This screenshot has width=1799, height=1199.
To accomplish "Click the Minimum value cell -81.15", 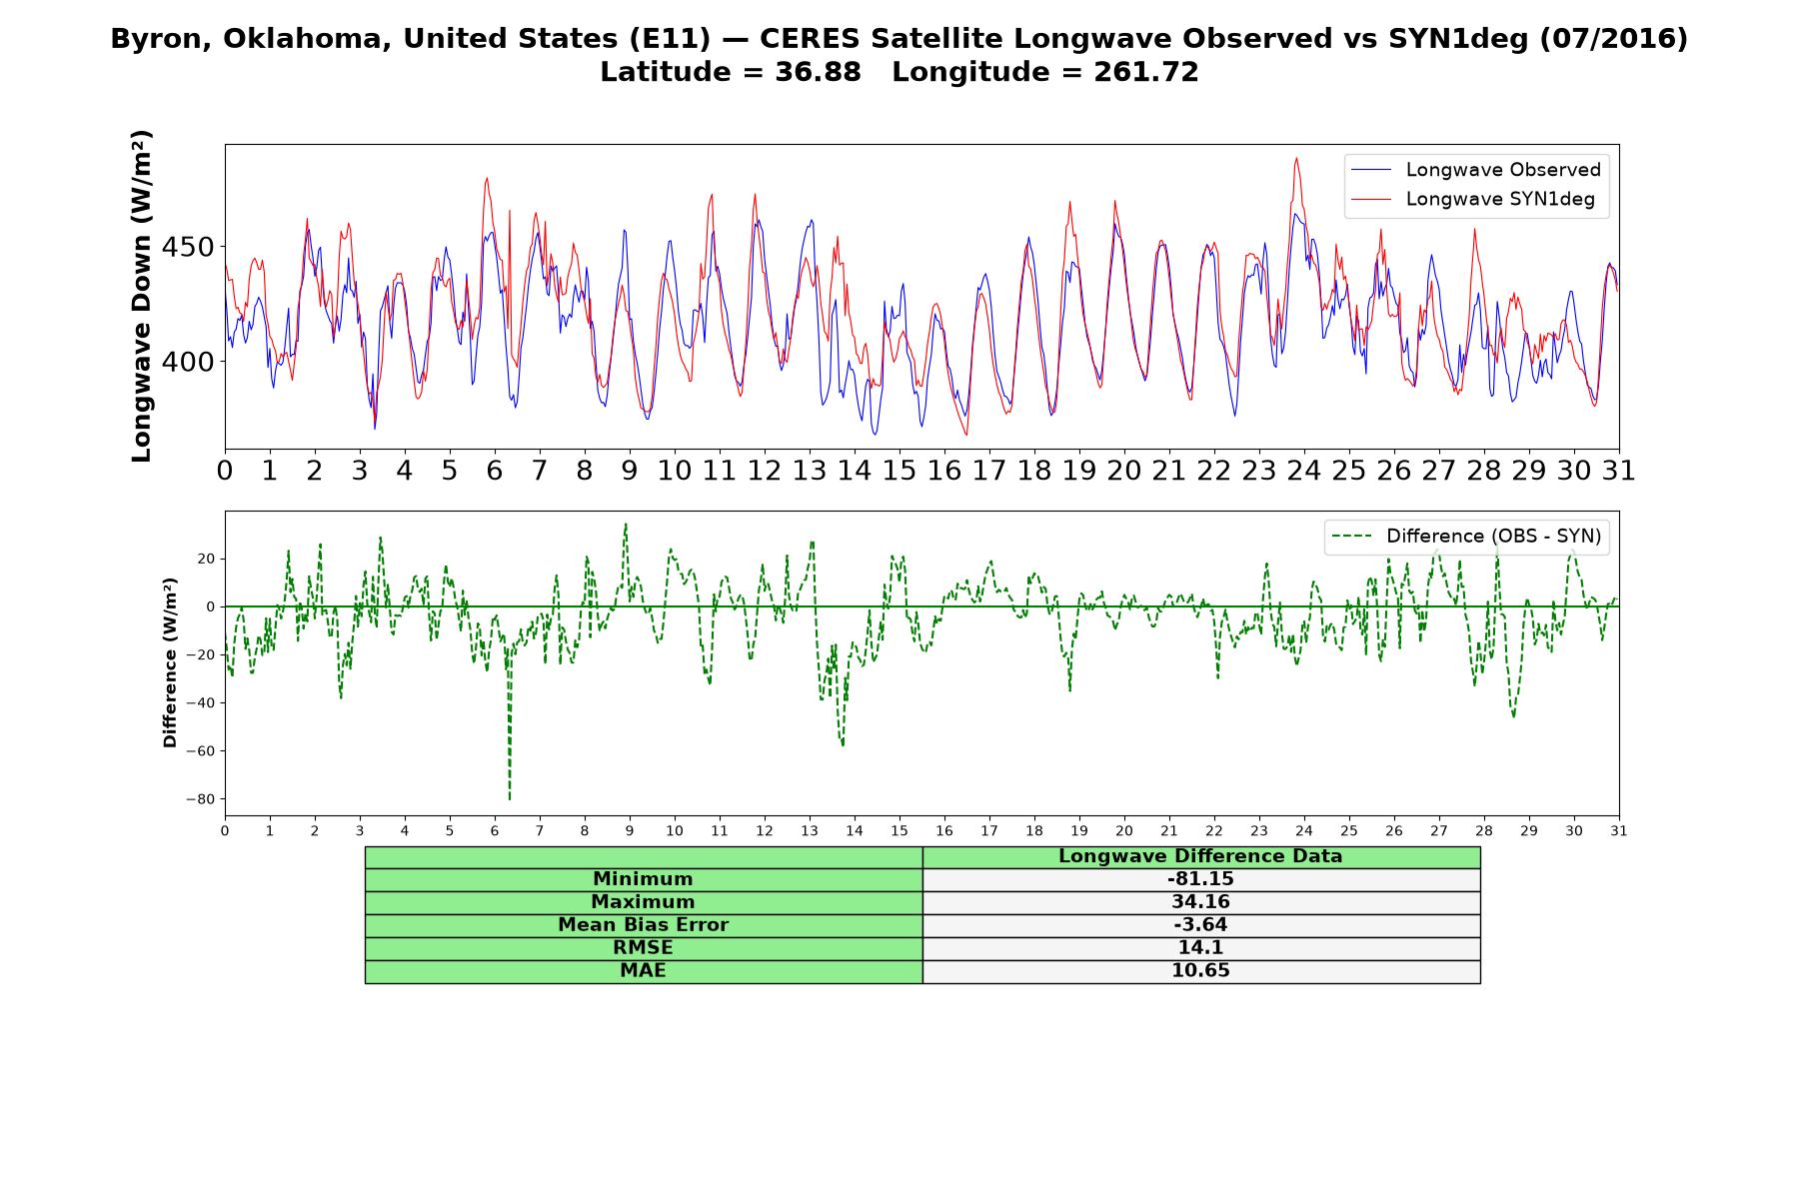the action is point(1200,879).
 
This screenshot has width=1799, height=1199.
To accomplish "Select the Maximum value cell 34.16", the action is point(1200,902).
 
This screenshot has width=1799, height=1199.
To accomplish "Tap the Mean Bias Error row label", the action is point(643,925).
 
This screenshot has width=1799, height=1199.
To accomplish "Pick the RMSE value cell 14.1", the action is point(1200,948).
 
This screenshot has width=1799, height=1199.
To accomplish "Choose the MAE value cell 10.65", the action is point(1200,971).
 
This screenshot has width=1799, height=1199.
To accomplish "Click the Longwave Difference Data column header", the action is point(1200,856).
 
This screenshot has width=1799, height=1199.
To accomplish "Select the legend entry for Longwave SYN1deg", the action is point(1472,199).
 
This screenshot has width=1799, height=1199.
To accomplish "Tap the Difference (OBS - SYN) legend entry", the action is point(1466,537).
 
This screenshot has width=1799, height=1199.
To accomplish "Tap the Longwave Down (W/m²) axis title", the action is point(142,296).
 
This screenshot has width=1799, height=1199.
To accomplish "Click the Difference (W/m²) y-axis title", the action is point(170,662).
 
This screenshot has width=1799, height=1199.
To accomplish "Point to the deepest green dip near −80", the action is point(510,799).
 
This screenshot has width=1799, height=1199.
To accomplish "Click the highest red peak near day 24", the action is point(1296,158).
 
